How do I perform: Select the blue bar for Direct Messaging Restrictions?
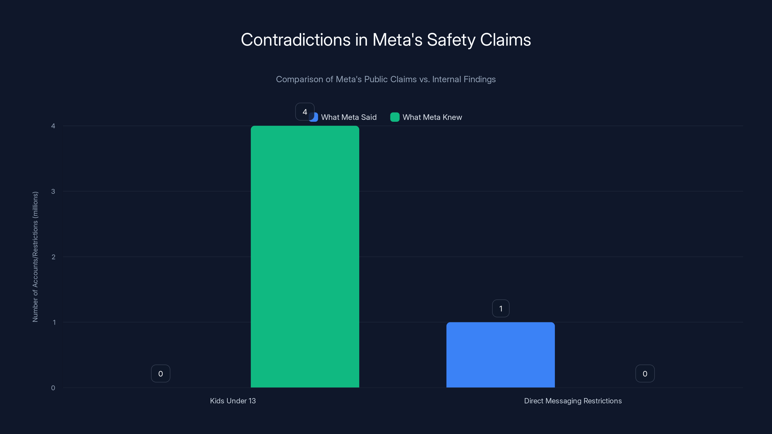[501, 355]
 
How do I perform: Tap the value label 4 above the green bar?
[304, 112]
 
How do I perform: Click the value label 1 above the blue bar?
[501, 309]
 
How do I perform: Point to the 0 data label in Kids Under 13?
[161, 373]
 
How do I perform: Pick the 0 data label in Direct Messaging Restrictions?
[645, 373]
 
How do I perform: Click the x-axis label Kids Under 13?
[233, 401]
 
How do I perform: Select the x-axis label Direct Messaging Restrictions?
[573, 401]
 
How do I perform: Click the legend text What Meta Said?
[349, 117]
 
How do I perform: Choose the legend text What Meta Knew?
[432, 117]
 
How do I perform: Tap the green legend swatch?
[395, 117]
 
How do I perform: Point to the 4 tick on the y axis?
[53, 126]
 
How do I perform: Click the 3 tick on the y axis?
[53, 191]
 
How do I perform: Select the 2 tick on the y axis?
[53, 257]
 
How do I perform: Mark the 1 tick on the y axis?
[54, 322]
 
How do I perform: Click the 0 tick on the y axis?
[53, 388]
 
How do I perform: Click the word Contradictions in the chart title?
[296, 40]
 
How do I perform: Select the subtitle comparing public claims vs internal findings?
[386, 79]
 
